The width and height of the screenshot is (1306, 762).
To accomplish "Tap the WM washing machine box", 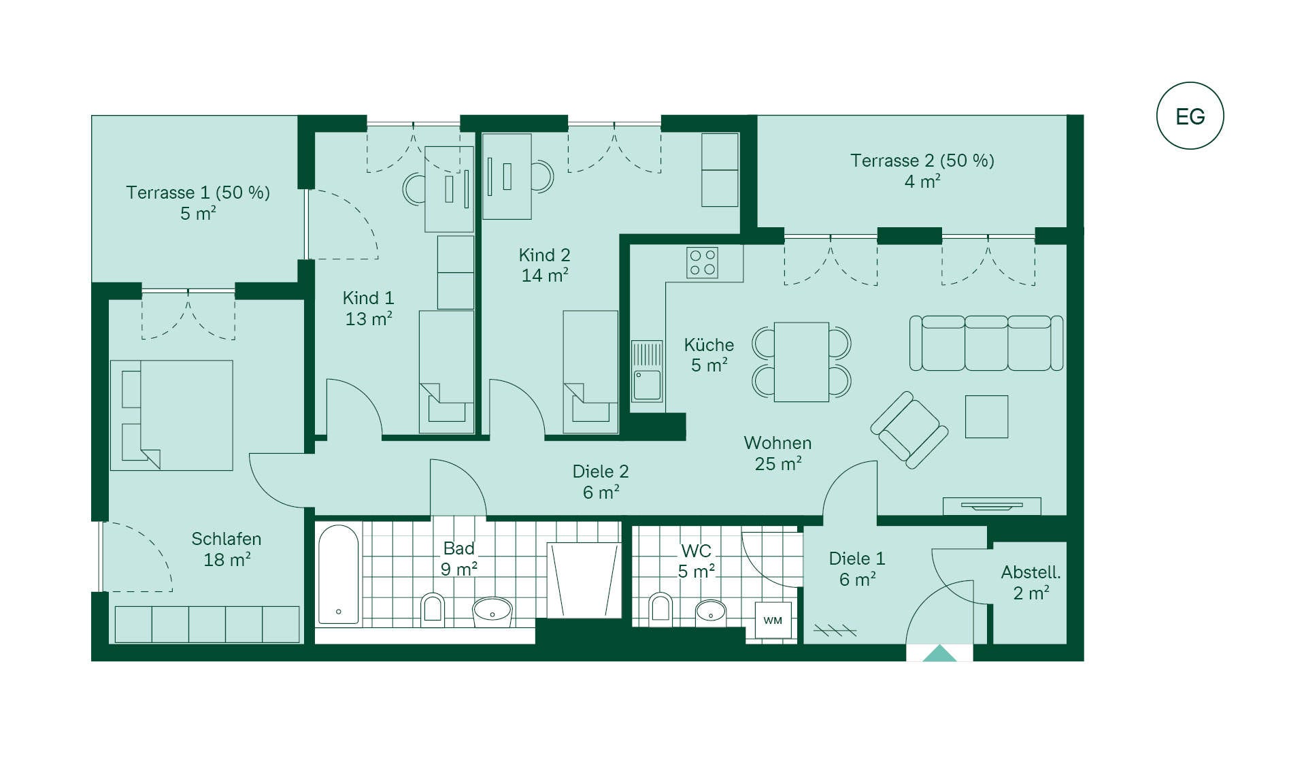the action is pyautogui.click(x=773, y=620).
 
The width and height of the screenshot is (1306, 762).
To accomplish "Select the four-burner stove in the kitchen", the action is pyautogui.click(x=702, y=263).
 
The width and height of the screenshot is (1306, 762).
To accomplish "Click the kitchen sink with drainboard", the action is pyautogui.click(x=647, y=371).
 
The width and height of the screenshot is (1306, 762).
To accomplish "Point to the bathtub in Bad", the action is pyautogui.click(x=338, y=574).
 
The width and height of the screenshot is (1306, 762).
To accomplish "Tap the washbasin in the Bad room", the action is pyautogui.click(x=492, y=610).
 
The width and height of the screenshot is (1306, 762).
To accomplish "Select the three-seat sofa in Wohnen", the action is pyautogui.click(x=986, y=343).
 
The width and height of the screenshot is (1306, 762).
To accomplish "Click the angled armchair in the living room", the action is pyautogui.click(x=909, y=430).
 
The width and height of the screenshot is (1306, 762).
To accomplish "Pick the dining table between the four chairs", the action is pyautogui.click(x=801, y=362).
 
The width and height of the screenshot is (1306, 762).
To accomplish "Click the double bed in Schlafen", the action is pyautogui.click(x=171, y=415).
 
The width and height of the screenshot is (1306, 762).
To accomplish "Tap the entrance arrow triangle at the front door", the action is pyautogui.click(x=939, y=653).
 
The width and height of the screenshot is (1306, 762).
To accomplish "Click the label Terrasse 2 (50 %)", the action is pyautogui.click(x=922, y=161).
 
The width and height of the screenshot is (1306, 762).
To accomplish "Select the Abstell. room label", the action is pyautogui.click(x=1031, y=572).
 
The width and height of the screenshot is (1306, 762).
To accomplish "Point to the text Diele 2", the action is pyautogui.click(x=601, y=471).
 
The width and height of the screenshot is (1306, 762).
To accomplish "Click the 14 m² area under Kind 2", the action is pyautogui.click(x=545, y=276).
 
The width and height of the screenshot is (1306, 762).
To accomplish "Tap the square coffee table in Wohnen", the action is pyautogui.click(x=986, y=416).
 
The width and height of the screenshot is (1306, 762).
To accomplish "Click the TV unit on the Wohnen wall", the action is pyautogui.click(x=992, y=506).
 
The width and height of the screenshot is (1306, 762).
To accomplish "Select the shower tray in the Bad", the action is pyautogui.click(x=584, y=580).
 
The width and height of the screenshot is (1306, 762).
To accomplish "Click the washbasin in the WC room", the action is pyautogui.click(x=711, y=610).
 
